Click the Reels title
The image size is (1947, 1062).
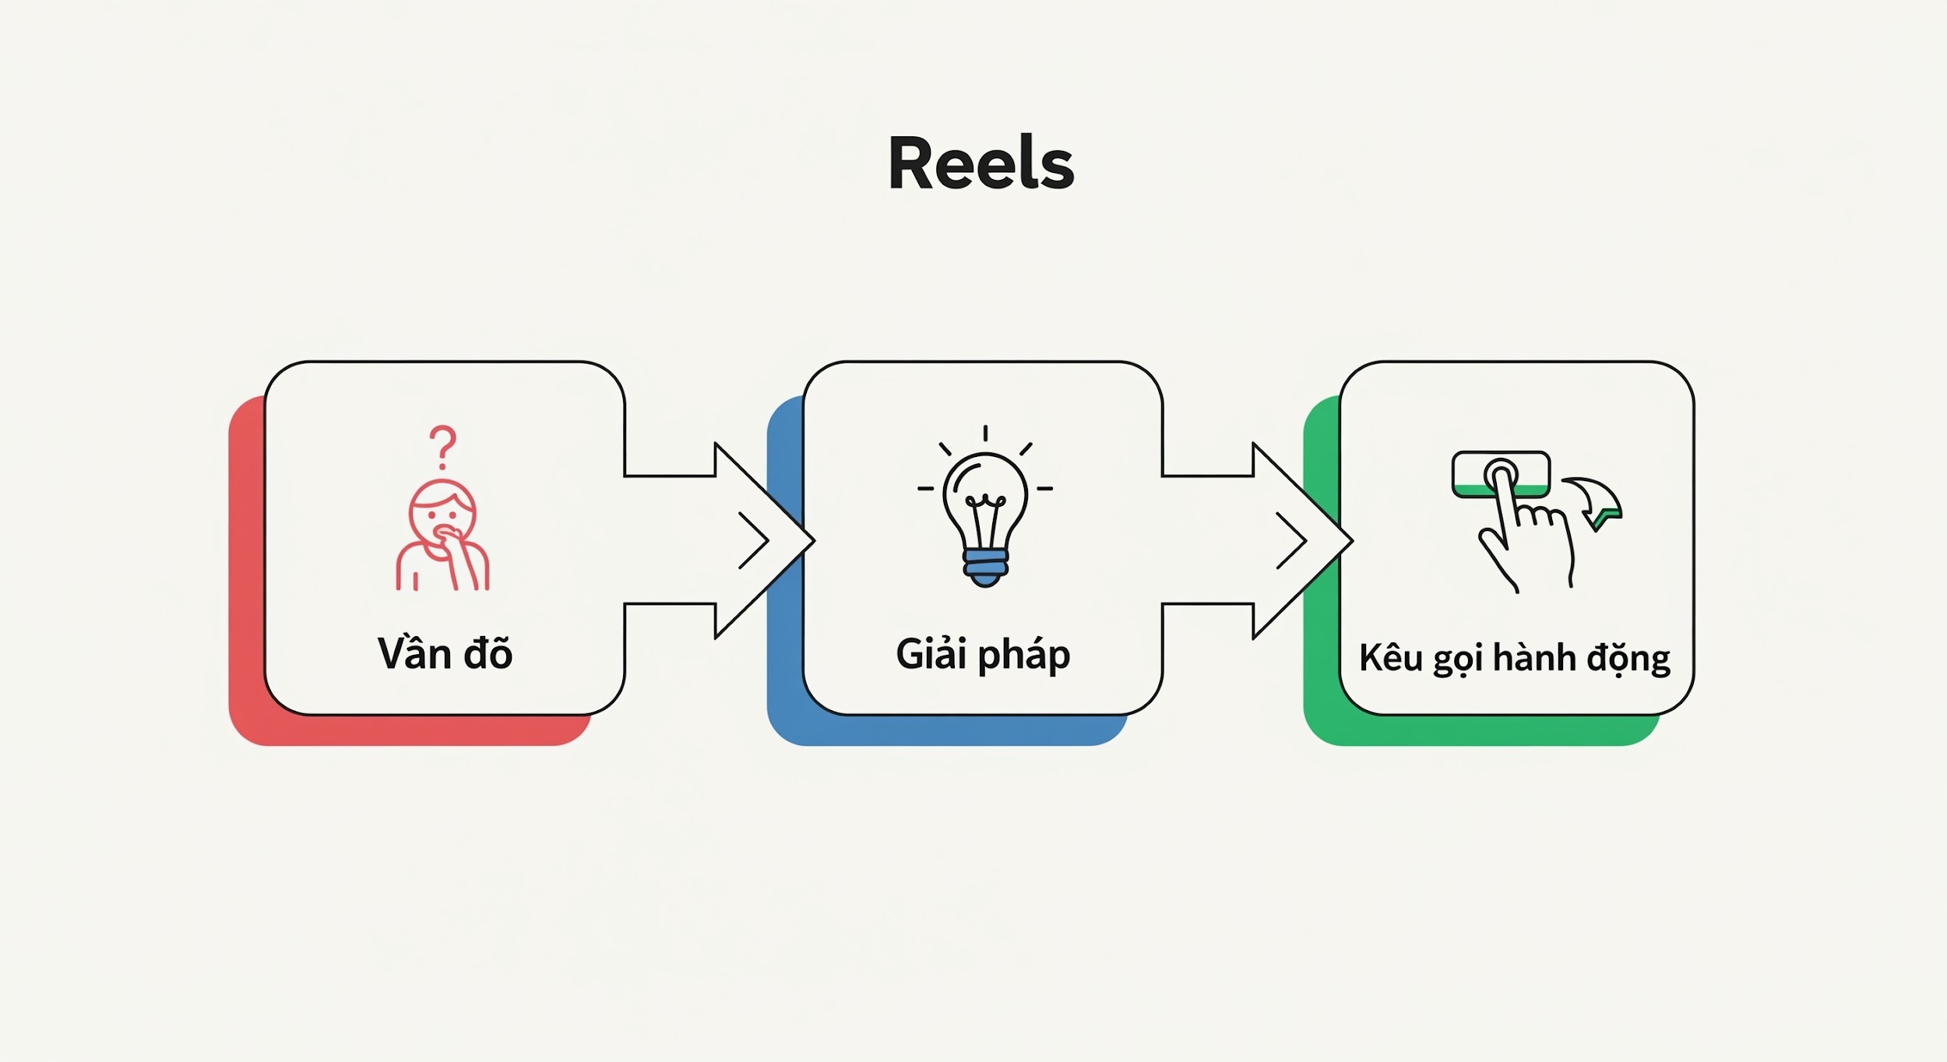(x=981, y=164)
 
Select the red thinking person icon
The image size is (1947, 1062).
(x=442, y=537)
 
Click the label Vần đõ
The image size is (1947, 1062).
(x=445, y=654)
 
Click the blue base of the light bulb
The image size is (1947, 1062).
(x=985, y=568)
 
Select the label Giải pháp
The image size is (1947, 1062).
(x=983, y=654)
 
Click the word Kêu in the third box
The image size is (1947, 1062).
(x=1391, y=658)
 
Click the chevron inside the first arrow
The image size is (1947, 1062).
(x=754, y=540)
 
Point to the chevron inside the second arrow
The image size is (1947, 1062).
(x=1291, y=540)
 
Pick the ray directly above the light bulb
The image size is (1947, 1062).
(x=985, y=434)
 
